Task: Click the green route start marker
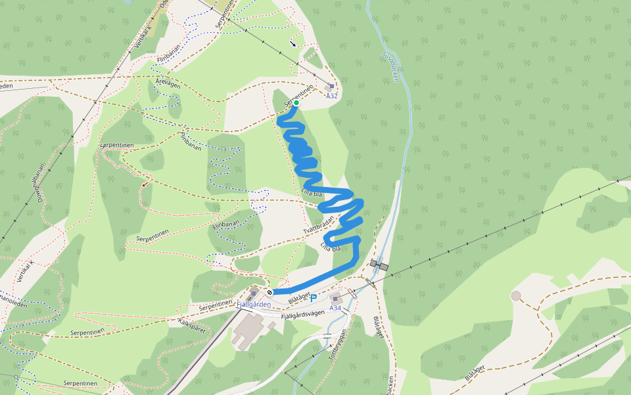click(x=296, y=103)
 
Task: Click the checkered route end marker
click(x=269, y=292)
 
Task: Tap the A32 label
click(x=332, y=96)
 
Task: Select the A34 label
click(x=335, y=308)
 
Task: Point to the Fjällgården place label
click(x=253, y=304)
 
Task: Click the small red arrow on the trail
click(x=143, y=184)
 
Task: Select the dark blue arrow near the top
click(x=292, y=44)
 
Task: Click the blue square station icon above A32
click(x=330, y=86)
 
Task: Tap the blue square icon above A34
click(x=336, y=299)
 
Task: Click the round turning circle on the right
click(x=516, y=296)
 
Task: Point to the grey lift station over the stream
click(x=379, y=265)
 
